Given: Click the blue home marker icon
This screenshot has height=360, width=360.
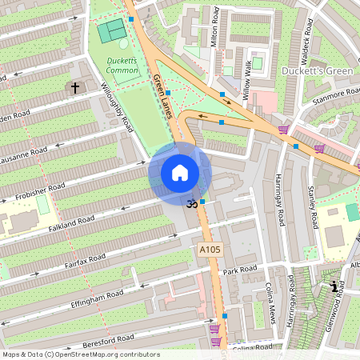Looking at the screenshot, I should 180,172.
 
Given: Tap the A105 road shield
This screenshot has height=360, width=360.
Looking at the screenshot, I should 209,250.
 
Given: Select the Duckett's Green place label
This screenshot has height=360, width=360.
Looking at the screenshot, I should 317,71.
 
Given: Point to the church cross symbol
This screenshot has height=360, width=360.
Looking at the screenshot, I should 76,87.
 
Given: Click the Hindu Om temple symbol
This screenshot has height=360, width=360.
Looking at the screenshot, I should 190,204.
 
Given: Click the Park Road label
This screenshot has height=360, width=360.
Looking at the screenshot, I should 240,270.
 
